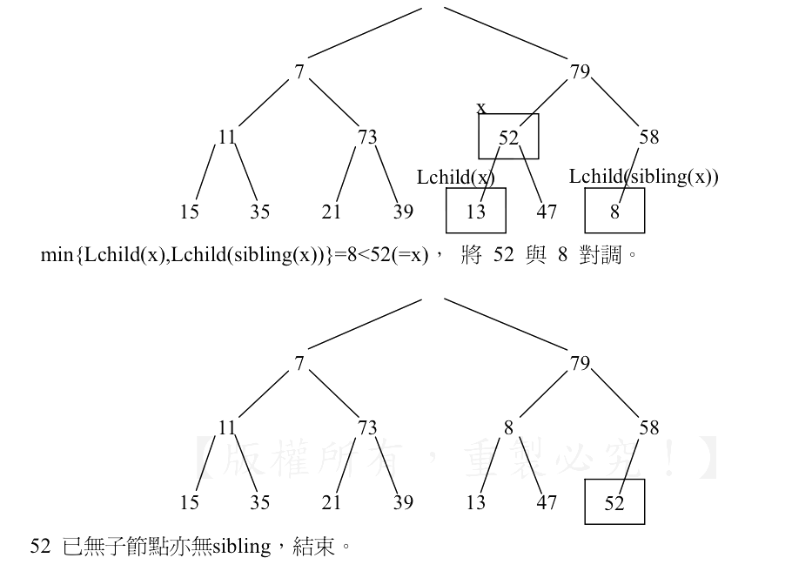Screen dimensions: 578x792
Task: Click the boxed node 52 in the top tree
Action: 508,137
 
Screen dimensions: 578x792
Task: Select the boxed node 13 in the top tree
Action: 476,211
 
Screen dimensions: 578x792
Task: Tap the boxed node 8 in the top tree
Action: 614,211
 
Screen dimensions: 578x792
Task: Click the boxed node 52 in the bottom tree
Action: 614,502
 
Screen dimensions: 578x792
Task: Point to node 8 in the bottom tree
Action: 508,428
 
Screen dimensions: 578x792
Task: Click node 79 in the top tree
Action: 580,72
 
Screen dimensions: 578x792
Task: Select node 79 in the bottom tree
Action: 580,364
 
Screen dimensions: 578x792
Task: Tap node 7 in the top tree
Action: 299,72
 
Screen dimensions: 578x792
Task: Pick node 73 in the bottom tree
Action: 367,428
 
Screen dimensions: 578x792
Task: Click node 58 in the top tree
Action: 648,137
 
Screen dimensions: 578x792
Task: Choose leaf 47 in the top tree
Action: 547,211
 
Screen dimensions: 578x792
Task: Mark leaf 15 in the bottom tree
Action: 190,502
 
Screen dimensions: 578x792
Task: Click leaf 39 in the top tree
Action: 403,211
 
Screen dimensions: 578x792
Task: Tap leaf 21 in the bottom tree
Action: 331,502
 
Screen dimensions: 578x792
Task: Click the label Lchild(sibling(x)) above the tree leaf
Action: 643,177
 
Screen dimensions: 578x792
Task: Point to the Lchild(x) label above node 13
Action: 455,177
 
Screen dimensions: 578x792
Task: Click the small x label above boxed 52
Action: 481,108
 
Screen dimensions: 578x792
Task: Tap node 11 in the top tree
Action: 227,137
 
